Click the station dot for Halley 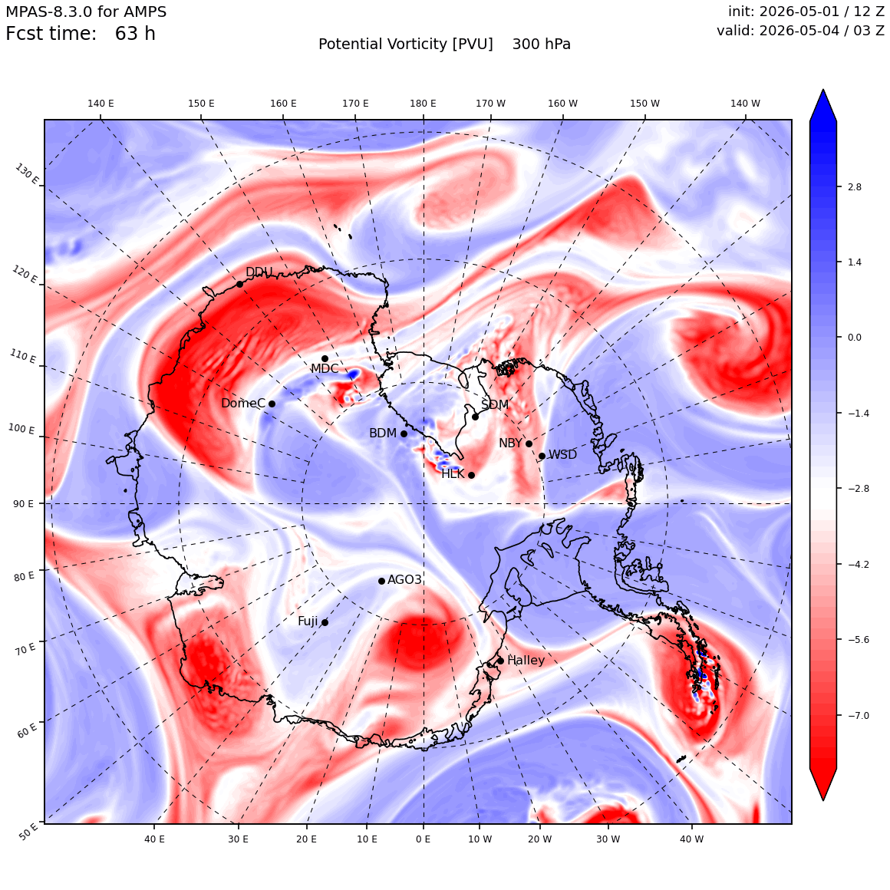point(500,661)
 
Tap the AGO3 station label point(404,579)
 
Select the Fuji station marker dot point(325,623)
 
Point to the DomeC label point(243,403)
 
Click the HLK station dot point(471,475)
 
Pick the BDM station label point(383,433)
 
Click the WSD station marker point(542,456)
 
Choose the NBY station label point(510,443)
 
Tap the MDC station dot point(325,359)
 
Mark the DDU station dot point(239,285)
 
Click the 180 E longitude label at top point(423,104)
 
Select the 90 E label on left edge point(23,504)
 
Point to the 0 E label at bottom point(423,839)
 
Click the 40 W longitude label point(691,839)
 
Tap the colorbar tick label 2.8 point(854,186)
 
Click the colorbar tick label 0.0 point(854,337)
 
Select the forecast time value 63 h point(135,34)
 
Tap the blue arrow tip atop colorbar point(823,90)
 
